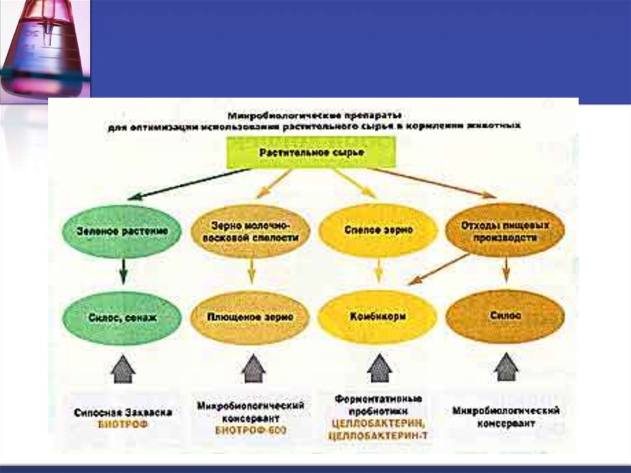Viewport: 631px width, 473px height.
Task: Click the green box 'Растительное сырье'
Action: click(x=311, y=152)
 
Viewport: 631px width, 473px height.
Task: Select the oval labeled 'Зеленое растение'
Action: click(x=123, y=231)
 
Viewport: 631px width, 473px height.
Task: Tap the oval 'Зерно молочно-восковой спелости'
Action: click(x=251, y=231)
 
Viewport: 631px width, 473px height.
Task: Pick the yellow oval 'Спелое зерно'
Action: click(x=378, y=230)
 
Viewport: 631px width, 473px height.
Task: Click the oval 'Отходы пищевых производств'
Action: click(x=505, y=231)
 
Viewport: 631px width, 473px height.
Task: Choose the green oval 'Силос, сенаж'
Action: click(x=123, y=317)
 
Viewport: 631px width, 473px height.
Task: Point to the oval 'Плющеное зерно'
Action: click(x=249, y=317)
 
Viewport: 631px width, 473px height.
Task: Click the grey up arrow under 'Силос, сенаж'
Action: click(x=123, y=368)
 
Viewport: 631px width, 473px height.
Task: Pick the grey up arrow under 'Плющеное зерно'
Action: click(x=253, y=368)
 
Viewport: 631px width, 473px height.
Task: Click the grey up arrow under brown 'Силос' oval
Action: click(x=506, y=367)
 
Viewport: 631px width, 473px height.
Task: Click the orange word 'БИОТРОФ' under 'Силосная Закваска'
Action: click(x=123, y=425)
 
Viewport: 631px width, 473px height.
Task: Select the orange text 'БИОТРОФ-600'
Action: click(x=251, y=430)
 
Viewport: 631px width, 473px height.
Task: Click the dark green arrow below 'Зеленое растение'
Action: click(x=123, y=271)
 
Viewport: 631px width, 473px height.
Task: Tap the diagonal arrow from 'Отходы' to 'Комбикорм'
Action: click(x=439, y=269)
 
